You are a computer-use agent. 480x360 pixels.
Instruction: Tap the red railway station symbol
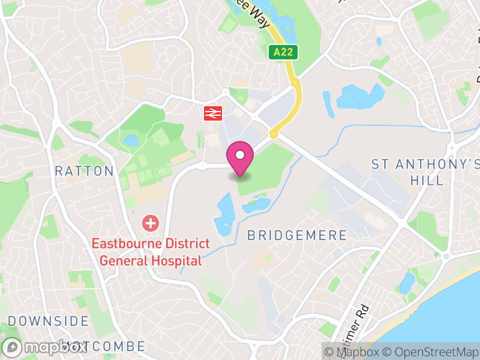(x=212, y=112)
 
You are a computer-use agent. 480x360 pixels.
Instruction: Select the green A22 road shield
(x=283, y=52)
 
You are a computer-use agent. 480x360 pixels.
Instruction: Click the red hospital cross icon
(x=149, y=224)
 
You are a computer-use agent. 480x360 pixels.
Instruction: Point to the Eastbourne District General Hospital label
(x=151, y=252)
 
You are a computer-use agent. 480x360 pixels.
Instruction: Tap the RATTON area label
(x=84, y=171)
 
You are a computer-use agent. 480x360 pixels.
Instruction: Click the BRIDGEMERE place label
(x=297, y=235)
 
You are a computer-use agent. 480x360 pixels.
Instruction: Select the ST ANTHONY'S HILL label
(x=426, y=172)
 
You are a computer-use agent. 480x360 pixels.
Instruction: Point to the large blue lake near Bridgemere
(x=224, y=214)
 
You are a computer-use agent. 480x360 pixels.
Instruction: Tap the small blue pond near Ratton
(x=131, y=141)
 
